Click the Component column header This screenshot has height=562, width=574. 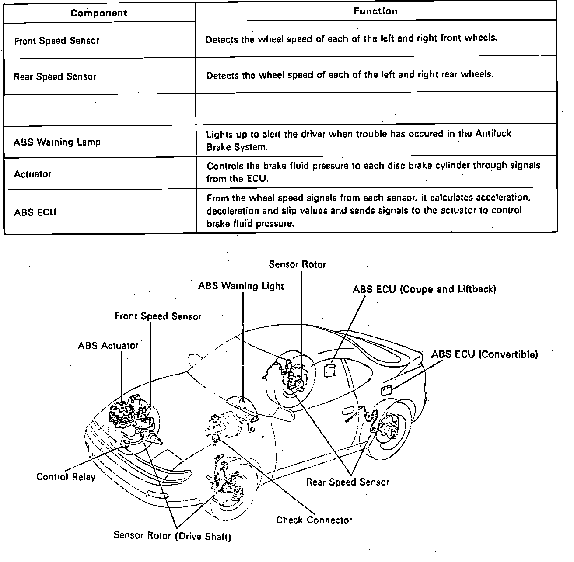[99, 13]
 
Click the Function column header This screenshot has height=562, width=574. [375, 12]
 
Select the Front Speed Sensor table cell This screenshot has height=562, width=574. [57, 41]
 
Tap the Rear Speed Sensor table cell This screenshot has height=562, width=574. [55, 77]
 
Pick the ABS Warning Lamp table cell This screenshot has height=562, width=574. [57, 142]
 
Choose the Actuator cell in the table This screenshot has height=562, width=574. [33, 174]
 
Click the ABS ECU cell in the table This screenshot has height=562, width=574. [35, 212]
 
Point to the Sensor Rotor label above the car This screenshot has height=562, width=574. [297, 264]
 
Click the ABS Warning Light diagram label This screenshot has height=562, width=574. [241, 286]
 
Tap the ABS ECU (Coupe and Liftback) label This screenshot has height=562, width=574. [424, 289]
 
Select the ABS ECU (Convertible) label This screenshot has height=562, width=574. [484, 354]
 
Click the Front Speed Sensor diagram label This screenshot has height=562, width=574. [158, 316]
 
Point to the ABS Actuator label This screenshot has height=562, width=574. [108, 346]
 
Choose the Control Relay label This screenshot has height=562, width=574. [66, 477]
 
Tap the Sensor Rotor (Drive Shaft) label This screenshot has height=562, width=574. [172, 535]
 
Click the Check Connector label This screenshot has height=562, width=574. [314, 520]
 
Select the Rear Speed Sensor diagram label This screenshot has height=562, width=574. [347, 482]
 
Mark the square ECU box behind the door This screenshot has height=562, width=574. [329, 371]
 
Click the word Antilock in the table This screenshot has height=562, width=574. [493, 134]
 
